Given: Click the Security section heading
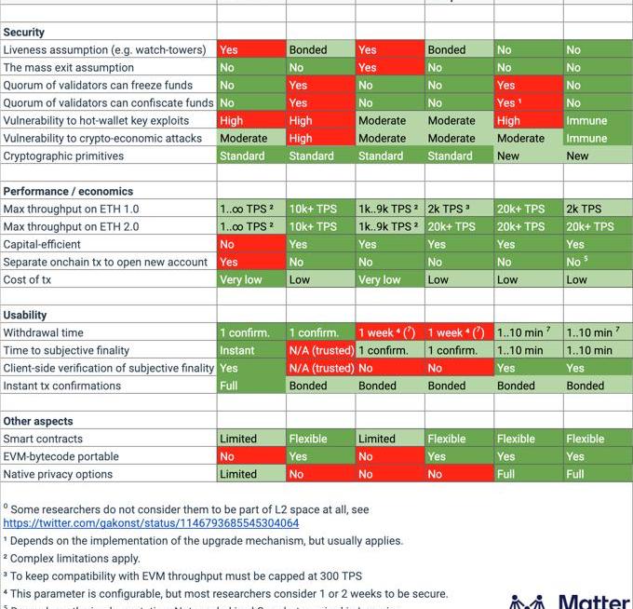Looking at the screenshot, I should point(24,32).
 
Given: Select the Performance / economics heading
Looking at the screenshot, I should point(68,191).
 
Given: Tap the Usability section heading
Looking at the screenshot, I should point(25,315).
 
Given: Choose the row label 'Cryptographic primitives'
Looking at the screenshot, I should point(63,156).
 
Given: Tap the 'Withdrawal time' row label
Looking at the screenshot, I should point(43,332).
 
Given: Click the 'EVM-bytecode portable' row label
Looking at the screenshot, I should point(61,456).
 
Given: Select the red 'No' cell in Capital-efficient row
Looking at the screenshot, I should point(227,244).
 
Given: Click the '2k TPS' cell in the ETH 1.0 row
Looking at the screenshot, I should point(584,209).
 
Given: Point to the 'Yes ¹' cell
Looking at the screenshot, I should point(509,102).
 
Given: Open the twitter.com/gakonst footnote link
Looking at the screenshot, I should point(151,523).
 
